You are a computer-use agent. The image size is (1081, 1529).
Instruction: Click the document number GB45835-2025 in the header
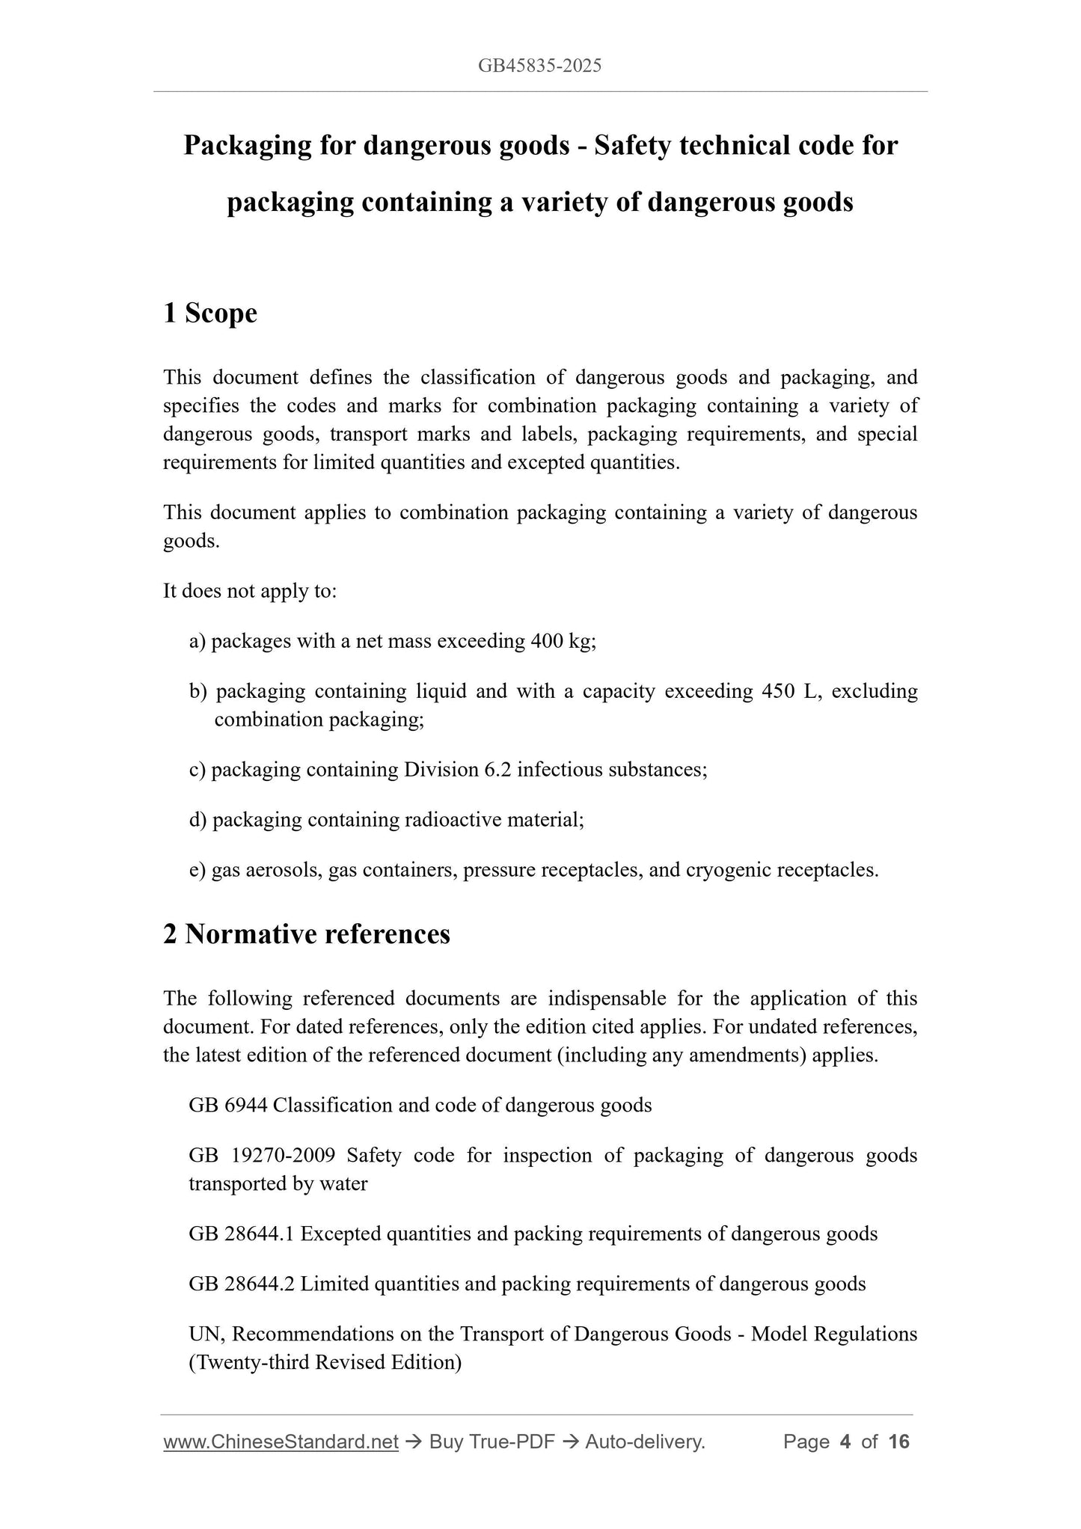click(x=539, y=66)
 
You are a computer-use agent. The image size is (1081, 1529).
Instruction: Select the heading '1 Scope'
click(x=209, y=313)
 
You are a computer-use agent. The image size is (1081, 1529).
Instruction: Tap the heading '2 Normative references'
click(x=307, y=934)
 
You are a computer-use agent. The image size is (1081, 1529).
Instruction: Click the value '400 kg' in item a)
click(x=560, y=641)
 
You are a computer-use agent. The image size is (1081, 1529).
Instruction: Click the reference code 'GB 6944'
click(x=228, y=1105)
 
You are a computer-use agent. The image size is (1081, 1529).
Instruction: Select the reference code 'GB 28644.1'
click(x=242, y=1234)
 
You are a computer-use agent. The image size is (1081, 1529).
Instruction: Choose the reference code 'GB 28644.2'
click(x=242, y=1284)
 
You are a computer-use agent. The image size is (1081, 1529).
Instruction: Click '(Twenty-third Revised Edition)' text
click(x=325, y=1362)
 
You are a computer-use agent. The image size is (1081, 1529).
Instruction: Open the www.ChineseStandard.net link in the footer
click(x=281, y=1441)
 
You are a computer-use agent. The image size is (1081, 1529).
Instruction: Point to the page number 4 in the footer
click(x=845, y=1441)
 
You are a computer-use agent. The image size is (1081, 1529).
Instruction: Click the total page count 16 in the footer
click(x=898, y=1441)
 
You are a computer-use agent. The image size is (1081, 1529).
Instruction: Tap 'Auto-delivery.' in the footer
click(x=645, y=1441)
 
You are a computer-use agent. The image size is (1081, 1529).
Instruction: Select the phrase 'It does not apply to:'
click(x=250, y=591)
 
